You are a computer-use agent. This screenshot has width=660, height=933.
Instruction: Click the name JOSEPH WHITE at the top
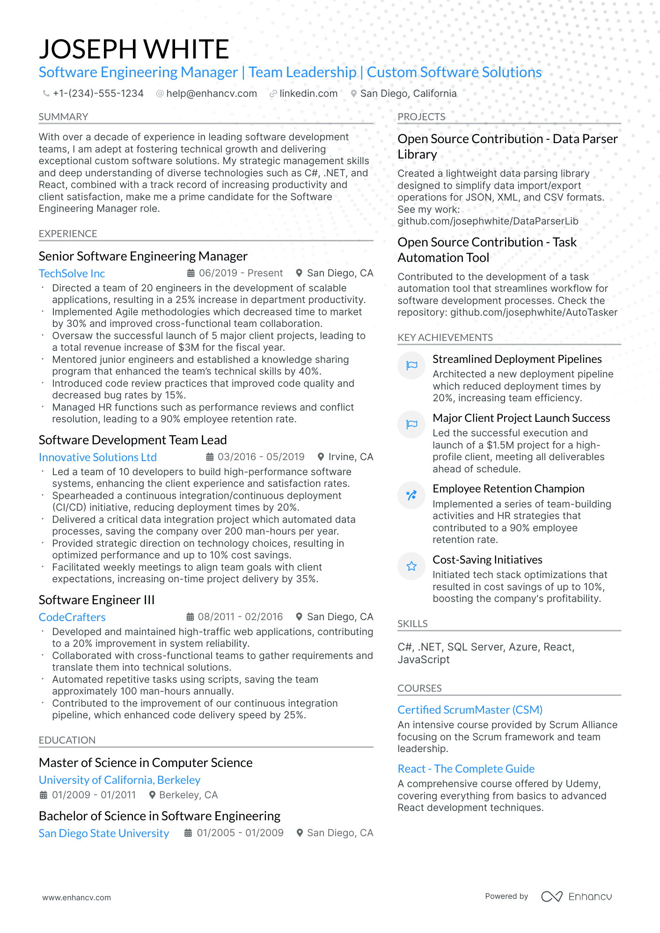[x=134, y=49]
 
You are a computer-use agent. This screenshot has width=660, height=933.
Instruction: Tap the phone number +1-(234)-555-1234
[x=98, y=94]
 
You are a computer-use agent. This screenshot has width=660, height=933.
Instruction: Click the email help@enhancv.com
[x=211, y=94]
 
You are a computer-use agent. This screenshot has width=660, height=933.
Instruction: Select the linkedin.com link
[x=308, y=94]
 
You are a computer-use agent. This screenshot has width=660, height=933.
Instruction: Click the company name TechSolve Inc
[x=72, y=274]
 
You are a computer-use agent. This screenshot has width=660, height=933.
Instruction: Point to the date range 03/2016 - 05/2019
[x=261, y=457]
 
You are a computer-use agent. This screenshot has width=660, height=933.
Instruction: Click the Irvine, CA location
[x=350, y=457]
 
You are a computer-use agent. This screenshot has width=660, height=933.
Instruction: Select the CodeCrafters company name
[x=72, y=617]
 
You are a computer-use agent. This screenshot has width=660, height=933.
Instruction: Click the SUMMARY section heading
[x=63, y=117]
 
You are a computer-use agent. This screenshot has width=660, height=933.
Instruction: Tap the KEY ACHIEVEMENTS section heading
[x=445, y=338]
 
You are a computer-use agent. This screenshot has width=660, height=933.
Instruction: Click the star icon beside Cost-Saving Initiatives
[x=411, y=566]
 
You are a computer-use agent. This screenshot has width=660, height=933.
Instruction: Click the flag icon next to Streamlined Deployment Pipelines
[x=411, y=366]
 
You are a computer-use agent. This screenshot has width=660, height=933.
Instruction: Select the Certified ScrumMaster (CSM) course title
[x=469, y=710]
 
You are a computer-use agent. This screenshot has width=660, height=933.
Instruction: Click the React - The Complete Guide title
[x=466, y=769]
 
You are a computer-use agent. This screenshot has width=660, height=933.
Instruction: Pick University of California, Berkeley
[x=119, y=780]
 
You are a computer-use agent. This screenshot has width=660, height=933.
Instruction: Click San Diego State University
[x=103, y=833]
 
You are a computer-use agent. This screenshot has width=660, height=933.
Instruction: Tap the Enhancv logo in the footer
[x=576, y=897]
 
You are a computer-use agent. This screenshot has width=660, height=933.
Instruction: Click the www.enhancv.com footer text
[x=76, y=897]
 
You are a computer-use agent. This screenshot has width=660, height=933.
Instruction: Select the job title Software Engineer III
[x=96, y=600]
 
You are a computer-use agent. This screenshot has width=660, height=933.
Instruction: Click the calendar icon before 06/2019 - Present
[x=191, y=273]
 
